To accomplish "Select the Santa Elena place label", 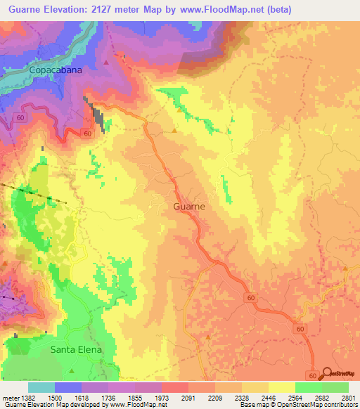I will [76, 349].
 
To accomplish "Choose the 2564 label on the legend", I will [295, 398].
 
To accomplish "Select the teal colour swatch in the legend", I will [41, 387].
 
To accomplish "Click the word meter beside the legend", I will [10, 398].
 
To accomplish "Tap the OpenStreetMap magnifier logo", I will [328, 374].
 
